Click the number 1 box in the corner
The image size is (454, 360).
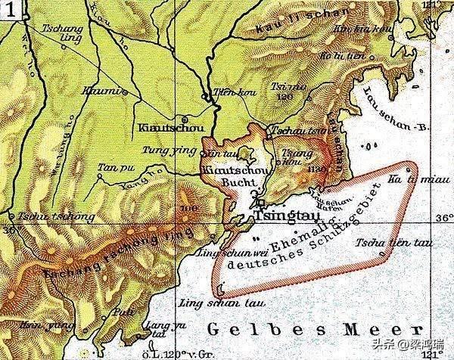[x=8, y=9]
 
